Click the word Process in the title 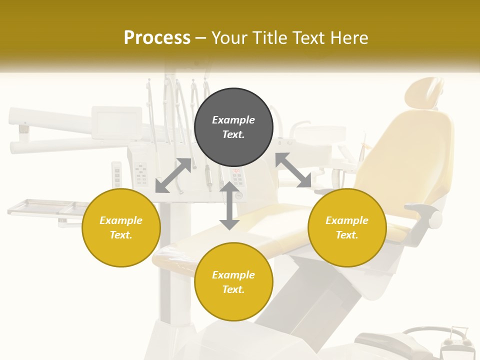[x=157, y=38]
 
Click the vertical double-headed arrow [x=229, y=206]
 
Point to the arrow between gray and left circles [x=173, y=175]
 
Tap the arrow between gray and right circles [x=293, y=170]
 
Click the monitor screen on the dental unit [x=117, y=122]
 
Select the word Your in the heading [x=229, y=38]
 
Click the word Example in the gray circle [x=233, y=120]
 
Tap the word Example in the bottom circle [x=233, y=275]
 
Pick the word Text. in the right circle [x=347, y=235]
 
